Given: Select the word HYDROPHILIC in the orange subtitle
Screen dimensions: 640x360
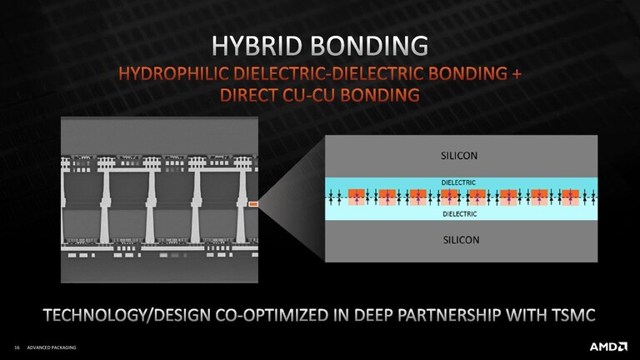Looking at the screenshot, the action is pos(173,73).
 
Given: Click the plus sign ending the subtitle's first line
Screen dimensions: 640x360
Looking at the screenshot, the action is pos(517,74).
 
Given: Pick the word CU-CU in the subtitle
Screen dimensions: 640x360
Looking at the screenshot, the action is pos(308,95).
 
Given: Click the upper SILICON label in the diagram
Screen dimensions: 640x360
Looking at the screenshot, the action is pos(459,156).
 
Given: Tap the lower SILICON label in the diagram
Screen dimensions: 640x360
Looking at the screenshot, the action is pos(461,240).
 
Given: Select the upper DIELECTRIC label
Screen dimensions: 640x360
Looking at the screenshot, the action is pos(458,182).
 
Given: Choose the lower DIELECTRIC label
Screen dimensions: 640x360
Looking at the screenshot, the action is pos(460,214).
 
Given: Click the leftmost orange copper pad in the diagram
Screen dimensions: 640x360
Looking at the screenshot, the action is pos(357,197).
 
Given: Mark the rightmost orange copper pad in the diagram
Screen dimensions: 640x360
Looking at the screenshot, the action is pos(570,197).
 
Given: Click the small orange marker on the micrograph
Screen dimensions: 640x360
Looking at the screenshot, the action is pos(253,203).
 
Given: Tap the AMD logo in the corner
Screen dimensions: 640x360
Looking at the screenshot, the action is pos(608,347).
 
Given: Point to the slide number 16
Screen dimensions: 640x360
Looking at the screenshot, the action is pos(17,347).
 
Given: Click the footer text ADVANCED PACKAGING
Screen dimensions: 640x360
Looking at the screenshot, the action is pos(52,347).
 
